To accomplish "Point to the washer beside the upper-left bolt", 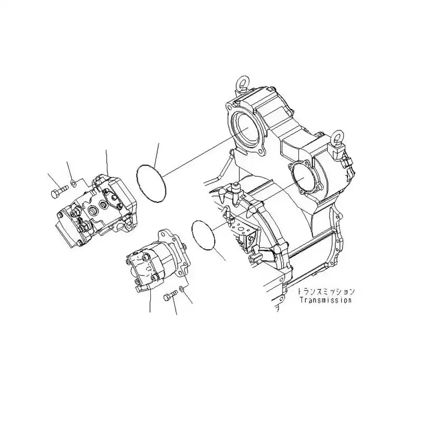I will [x=74, y=184].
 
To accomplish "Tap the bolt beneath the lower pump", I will [x=170, y=297].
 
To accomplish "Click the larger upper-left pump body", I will [x=98, y=209].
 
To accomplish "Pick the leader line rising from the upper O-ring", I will [x=156, y=153].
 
